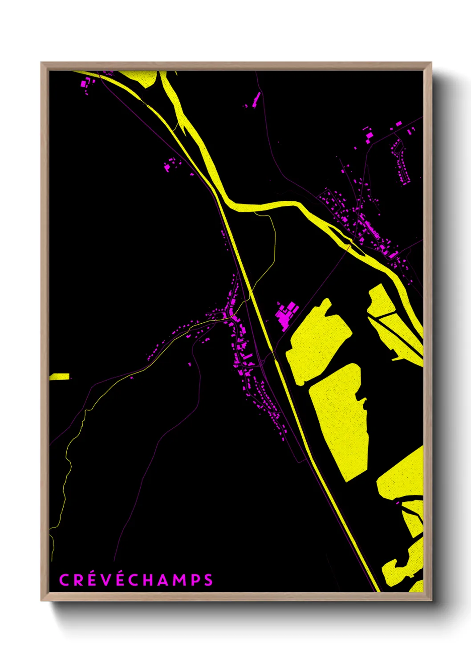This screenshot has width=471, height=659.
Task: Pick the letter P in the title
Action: coord(195,580)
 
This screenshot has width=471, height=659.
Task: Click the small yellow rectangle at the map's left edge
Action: coord(60,377)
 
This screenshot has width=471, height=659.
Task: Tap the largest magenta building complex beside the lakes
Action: coord(285,314)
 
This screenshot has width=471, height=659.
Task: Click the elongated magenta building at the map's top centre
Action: coord(256,100)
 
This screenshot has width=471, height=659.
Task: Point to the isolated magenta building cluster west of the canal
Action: coord(170,165)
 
